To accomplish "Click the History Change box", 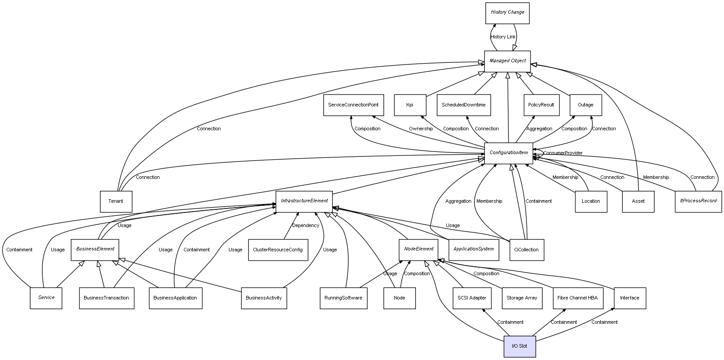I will point(507,13).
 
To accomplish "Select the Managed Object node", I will point(507,61).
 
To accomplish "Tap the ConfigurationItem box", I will point(508,153).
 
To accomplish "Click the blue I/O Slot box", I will point(519,346).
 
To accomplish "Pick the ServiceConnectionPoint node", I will point(353,105).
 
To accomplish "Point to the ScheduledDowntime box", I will point(463,105).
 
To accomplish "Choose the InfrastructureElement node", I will point(304,201).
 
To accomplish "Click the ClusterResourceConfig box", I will point(278,250).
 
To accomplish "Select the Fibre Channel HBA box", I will point(577,298).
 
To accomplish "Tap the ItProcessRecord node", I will point(698,201).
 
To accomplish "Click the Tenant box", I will point(116,201).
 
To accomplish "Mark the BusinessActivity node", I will point(264,298).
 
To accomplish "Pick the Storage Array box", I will point(522,298).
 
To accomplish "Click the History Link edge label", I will point(503,37).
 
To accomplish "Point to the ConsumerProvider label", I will point(563,153).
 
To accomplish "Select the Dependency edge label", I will point(305,226).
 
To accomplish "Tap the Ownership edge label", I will point(421,129).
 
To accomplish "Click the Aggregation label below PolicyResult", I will point(539,129).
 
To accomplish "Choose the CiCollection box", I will point(526,250).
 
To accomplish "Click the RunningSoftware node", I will point(343,298).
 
